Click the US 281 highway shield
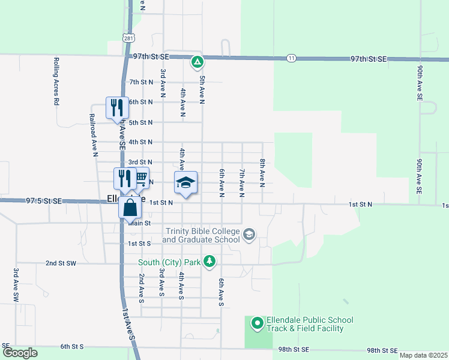tap(128, 38)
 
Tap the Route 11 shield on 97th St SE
tap(291, 58)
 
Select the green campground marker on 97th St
tap(197, 61)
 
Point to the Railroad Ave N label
tap(94, 135)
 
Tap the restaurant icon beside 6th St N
tap(117, 108)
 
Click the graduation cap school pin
tap(186, 182)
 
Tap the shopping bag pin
tap(130, 208)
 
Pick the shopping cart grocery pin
tap(141, 178)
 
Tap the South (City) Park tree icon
tap(209, 262)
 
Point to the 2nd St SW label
tap(61, 263)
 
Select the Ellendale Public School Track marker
tap(258, 324)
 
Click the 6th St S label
tap(71, 347)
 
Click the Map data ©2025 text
tap(423, 355)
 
